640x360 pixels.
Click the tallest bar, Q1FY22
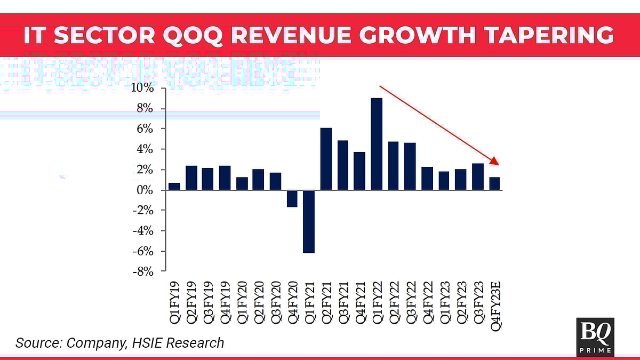pos(377,144)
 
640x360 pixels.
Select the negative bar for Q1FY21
pos(309,221)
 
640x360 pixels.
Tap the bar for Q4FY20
pos(292,198)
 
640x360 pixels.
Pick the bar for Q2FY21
pos(326,159)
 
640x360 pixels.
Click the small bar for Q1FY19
pos(174,187)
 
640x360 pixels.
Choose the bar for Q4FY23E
pos(494,183)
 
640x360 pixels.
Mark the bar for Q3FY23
pos(478,177)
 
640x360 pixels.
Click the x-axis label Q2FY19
pos(191,301)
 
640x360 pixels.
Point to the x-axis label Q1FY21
pos(309,301)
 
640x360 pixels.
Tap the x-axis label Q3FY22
pos(411,301)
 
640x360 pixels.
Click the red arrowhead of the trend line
pos(494,161)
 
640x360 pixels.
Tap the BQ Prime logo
pos(595,337)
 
